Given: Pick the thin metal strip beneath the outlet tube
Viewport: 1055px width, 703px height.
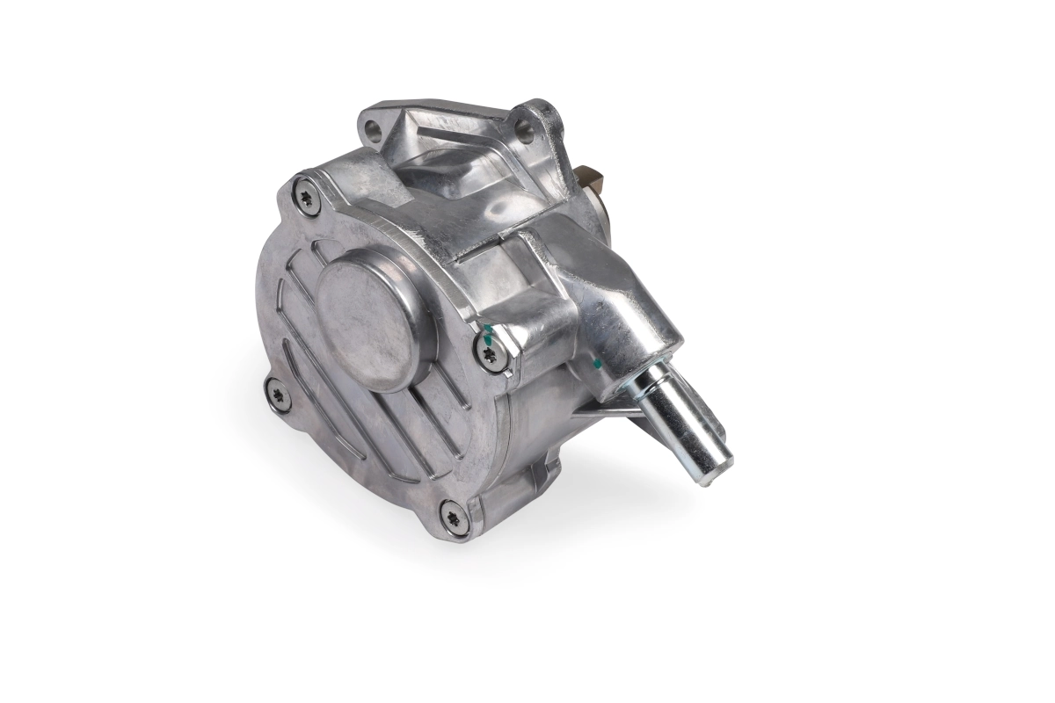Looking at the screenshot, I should point(607,406).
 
